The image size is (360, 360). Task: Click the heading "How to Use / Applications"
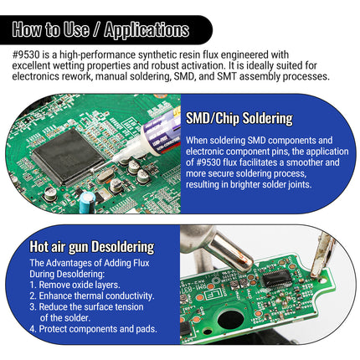point(100,29)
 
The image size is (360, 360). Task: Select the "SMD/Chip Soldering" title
point(239,118)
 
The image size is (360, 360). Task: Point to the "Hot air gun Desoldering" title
point(92,247)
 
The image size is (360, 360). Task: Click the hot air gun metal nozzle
point(232,253)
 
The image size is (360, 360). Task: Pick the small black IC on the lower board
point(277,278)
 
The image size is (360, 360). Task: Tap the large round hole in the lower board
point(231,319)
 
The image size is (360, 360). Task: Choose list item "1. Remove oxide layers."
point(75,285)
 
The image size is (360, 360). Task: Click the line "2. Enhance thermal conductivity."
point(92,296)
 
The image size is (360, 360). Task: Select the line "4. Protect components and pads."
point(93,329)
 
